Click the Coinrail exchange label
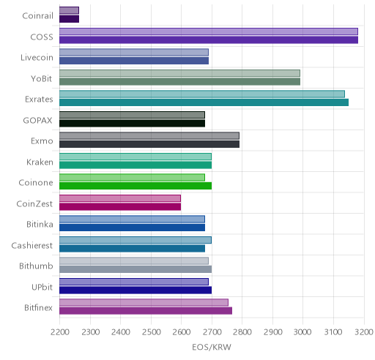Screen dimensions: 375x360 pyautogui.click(x=37, y=16)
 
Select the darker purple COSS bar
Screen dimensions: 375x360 pyautogui.click(x=209, y=40)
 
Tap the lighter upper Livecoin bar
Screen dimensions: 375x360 pyautogui.click(x=134, y=52)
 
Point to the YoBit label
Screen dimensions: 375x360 pyautogui.click(x=42, y=79)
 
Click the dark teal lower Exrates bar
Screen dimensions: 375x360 pyautogui.click(x=204, y=102)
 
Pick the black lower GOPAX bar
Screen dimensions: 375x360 pyautogui.click(x=133, y=124)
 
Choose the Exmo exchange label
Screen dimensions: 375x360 pyautogui.click(x=42, y=141)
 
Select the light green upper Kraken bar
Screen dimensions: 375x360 pyautogui.click(x=135, y=157)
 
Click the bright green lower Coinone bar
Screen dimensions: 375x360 pyautogui.click(x=135, y=186)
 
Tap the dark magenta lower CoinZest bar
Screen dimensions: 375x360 pyautogui.click(x=120, y=207)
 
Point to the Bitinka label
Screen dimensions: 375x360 pyautogui.click(x=40, y=225)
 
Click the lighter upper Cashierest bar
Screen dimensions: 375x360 pyautogui.click(x=135, y=240)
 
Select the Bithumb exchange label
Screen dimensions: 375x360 pyautogui.click(x=36, y=266)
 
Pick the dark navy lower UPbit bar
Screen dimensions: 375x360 pyautogui.click(x=135, y=290)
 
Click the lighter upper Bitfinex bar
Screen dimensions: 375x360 pyautogui.click(x=144, y=302)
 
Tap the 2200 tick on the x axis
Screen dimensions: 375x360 pyautogui.click(x=60, y=332)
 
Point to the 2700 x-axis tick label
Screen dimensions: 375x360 pyautogui.click(x=212, y=332)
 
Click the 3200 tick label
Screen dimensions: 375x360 pyautogui.click(x=364, y=332)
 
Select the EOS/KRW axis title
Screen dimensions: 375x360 pyautogui.click(x=212, y=347)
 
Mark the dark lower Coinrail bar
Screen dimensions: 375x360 pyautogui.click(x=70, y=19)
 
